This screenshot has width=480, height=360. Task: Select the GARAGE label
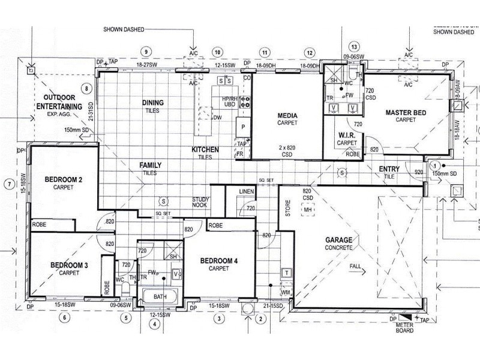pyautogui.click(x=339, y=240)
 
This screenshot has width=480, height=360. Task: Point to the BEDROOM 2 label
pyautogui.click(x=62, y=179)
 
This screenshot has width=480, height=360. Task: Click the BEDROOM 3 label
pyautogui.click(x=69, y=265)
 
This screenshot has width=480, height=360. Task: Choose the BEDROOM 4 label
pyautogui.click(x=219, y=261)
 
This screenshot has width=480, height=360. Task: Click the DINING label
pyautogui.click(x=152, y=103)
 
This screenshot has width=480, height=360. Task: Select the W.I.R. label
pyautogui.click(x=347, y=136)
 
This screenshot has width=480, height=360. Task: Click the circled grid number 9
pyautogui.click(x=145, y=51)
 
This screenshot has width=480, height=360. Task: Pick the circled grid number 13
pyautogui.click(x=354, y=47)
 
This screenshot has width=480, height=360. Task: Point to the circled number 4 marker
pyautogui.click(x=155, y=325)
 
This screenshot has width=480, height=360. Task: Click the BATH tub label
pyautogui.click(x=160, y=296)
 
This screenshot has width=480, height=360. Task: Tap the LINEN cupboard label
pyautogui.click(x=247, y=191)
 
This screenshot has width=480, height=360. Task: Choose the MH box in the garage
pyautogui.click(x=307, y=211)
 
